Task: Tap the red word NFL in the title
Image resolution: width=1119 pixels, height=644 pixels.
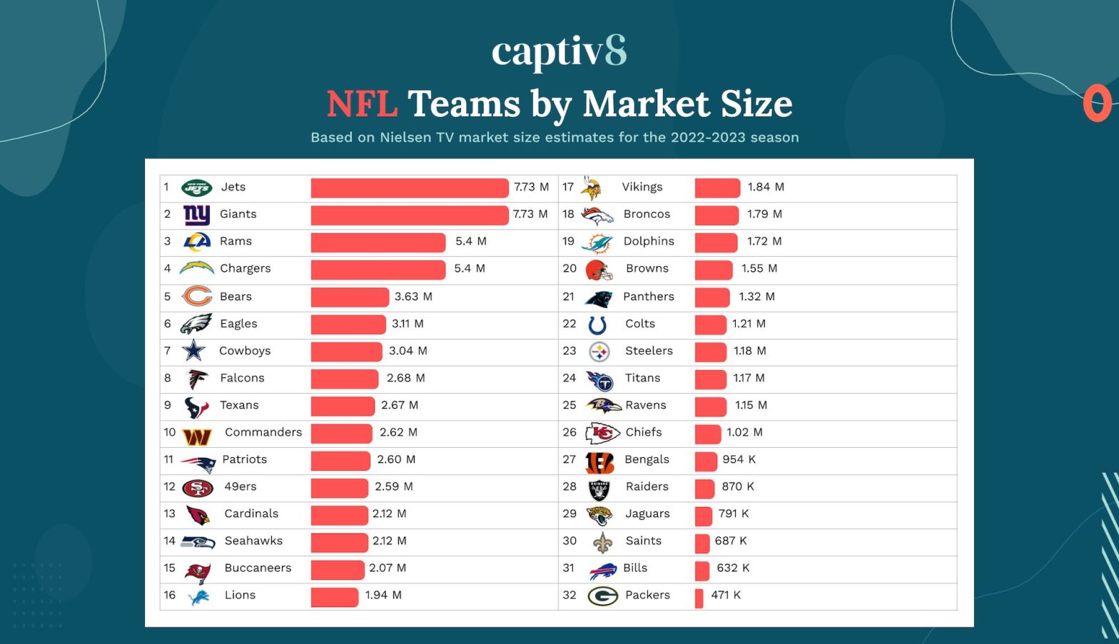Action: pos(362,104)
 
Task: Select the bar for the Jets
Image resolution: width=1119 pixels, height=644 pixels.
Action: pos(409,188)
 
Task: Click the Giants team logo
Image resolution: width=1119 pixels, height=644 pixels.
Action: pos(196,214)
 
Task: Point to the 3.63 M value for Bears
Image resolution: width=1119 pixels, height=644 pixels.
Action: pos(413,297)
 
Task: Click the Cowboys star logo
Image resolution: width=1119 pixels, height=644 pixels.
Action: pos(193,351)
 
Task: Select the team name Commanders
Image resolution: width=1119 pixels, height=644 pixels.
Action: pos(263,432)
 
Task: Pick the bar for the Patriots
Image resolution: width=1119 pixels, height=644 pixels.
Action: pos(340,460)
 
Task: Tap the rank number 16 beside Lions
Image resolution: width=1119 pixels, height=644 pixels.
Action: pos(169,595)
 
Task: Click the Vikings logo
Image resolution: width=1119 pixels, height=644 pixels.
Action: pos(591,188)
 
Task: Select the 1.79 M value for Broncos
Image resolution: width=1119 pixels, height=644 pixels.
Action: pos(764,214)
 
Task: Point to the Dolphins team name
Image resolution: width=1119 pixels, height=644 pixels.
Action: pos(648,241)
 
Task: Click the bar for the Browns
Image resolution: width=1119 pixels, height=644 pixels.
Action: pos(713,269)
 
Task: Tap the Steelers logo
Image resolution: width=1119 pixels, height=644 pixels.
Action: pos(599,352)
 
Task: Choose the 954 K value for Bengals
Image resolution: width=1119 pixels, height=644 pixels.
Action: pos(739,460)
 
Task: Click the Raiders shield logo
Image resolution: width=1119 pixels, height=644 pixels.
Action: pos(599,489)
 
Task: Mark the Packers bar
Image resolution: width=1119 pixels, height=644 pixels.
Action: pos(699,597)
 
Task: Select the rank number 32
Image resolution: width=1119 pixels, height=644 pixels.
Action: pos(569,595)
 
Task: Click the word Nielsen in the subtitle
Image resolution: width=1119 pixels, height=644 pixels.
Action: pos(405,137)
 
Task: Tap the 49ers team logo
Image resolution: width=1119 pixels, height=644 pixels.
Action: pos(198,488)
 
